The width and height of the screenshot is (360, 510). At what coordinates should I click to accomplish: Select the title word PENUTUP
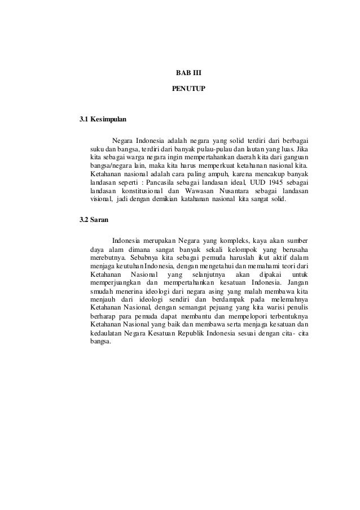point(181,89)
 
